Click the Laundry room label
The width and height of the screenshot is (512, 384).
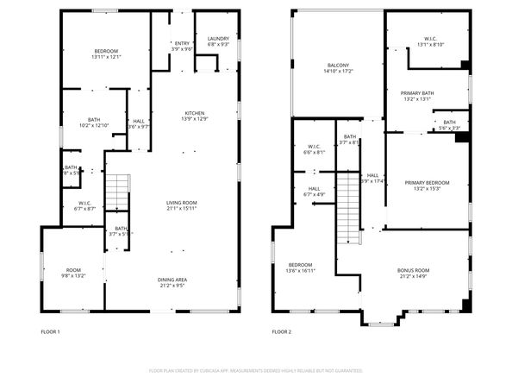coord(218,38)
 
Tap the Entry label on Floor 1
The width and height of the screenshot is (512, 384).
coord(182,43)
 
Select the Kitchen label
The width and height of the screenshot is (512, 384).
coord(194,113)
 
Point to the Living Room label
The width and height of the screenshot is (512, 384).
coord(182,203)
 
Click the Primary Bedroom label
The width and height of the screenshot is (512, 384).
coord(428,182)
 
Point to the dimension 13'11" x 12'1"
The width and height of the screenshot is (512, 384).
coord(106,58)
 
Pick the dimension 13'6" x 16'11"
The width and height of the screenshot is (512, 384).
coord(300,270)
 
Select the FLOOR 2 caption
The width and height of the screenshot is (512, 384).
coord(282,331)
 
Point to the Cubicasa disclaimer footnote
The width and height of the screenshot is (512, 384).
coord(256,370)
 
